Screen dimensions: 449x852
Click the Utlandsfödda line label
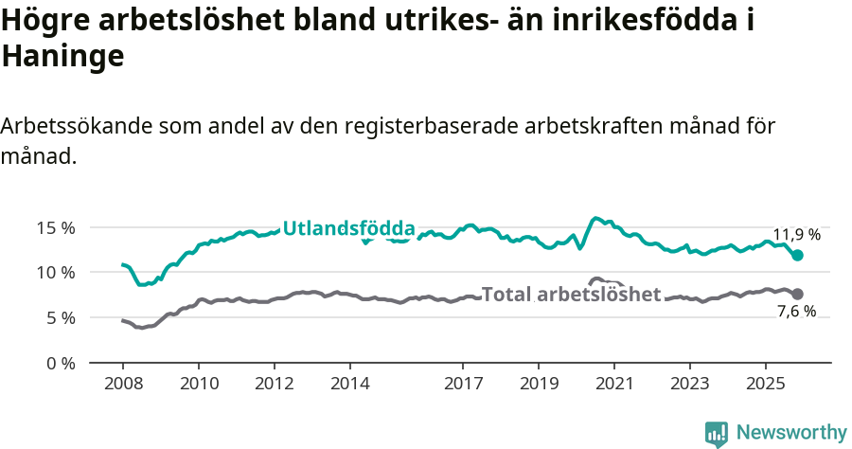click(349, 228)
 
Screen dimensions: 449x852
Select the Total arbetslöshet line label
click(571, 295)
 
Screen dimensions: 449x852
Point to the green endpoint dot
click(798, 255)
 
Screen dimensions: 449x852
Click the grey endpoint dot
click(798, 295)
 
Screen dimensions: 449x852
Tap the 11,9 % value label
click(797, 234)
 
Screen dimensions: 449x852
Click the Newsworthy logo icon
click(717, 433)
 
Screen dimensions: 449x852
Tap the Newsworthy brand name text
click(791, 433)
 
